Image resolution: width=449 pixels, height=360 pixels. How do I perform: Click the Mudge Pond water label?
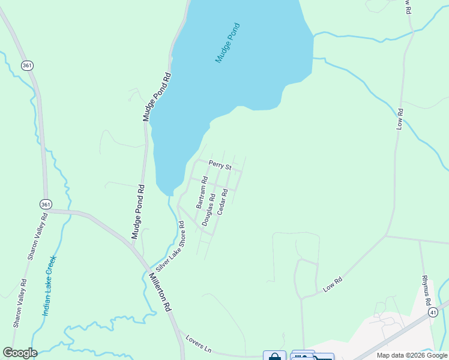point(228,43)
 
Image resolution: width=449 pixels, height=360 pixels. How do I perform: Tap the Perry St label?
point(220,164)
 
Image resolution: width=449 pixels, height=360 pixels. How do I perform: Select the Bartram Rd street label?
point(202,192)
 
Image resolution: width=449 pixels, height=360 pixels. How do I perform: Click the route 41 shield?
point(433,313)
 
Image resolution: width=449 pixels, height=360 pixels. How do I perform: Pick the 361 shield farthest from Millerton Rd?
point(26,65)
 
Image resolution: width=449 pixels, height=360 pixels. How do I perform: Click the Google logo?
point(20,353)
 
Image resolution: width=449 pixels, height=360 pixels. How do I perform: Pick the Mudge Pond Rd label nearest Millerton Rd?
point(137,212)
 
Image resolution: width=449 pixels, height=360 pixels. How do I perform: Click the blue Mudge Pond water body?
point(240,66)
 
